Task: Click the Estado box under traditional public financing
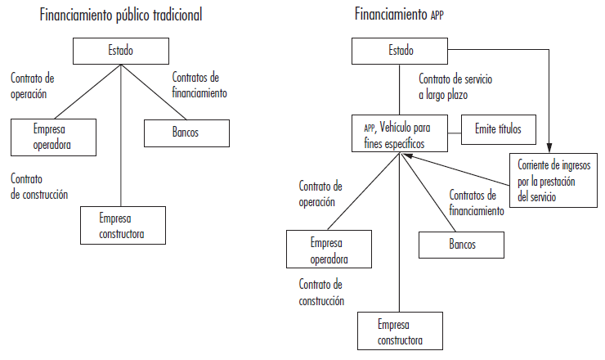(120, 52)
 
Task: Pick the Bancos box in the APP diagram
(462, 244)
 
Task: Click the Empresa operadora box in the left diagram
(54, 137)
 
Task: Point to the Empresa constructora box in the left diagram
(121, 226)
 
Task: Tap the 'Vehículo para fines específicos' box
(398, 135)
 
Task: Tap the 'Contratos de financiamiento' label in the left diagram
(199, 85)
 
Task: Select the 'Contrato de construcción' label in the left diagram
(39, 187)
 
